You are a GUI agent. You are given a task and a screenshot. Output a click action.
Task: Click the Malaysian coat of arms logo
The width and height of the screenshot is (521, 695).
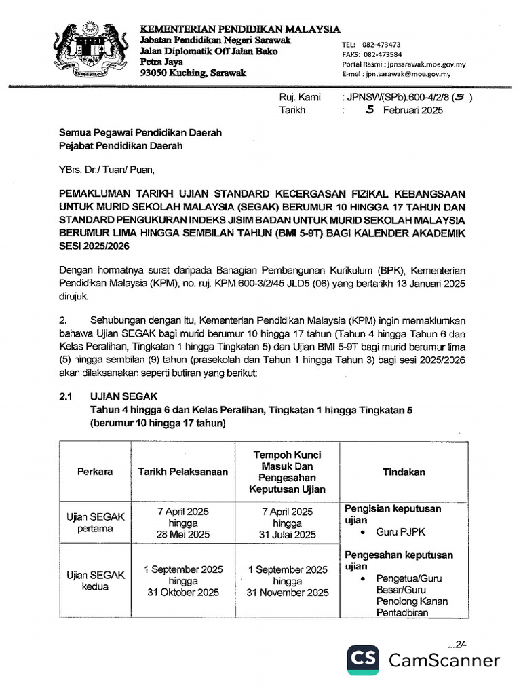[91, 52]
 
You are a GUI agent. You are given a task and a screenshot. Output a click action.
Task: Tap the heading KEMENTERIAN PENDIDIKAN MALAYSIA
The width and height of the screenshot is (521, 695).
[240, 29]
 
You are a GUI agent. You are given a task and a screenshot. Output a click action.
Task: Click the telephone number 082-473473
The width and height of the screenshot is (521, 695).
[382, 44]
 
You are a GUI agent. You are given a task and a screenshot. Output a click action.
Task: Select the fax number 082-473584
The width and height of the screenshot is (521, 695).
[382, 54]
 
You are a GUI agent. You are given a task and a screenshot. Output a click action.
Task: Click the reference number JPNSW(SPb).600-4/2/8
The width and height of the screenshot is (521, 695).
[400, 98]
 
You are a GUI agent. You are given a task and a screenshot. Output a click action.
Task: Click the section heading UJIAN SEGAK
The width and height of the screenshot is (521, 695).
[123, 398]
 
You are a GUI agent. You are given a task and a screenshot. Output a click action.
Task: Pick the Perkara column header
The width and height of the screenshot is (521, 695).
[95, 472]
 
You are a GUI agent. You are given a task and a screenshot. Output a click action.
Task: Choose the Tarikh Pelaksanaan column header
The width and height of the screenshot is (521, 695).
[183, 472]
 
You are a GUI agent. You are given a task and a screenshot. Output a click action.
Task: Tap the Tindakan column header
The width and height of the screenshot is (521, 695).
[404, 472]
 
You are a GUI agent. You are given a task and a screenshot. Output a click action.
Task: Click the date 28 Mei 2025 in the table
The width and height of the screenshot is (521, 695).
[183, 534]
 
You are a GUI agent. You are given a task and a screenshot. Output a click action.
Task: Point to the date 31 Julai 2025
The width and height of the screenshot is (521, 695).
[287, 534]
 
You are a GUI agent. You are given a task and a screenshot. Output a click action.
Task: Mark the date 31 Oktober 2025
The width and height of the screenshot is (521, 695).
[183, 593]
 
